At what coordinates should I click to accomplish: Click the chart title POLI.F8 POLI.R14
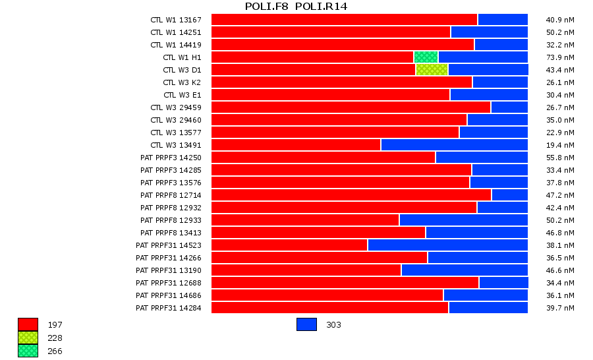point(296,7)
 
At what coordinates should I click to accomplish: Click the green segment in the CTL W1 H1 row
point(426,57)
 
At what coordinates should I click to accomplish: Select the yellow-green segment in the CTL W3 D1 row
point(432,70)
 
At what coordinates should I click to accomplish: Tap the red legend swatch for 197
point(28,324)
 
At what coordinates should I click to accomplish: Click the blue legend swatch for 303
point(306,324)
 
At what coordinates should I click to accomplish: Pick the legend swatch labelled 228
point(28,338)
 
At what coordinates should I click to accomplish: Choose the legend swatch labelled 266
point(28,351)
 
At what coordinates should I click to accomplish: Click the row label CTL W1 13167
point(175,20)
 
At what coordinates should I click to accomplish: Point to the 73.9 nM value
point(560,57)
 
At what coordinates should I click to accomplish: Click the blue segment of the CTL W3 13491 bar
point(454,145)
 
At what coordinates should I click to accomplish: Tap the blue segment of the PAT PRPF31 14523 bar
point(447,245)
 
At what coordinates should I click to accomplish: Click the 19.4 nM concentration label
point(560,145)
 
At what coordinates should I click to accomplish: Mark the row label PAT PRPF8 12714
point(171,195)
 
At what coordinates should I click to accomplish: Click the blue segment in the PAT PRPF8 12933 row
point(463,220)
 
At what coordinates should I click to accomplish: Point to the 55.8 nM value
point(560,158)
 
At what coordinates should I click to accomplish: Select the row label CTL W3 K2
point(182,82)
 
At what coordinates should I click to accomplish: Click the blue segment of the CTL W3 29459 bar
point(509,107)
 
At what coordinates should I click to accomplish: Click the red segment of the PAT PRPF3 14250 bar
point(323,158)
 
